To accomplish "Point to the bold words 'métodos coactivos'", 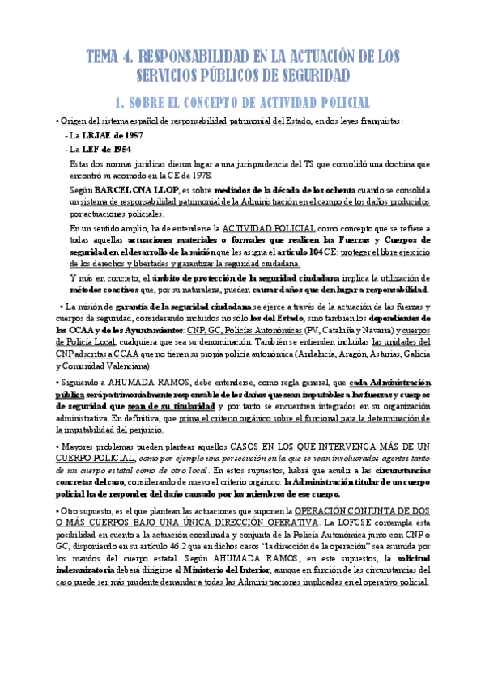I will coord(100,290).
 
